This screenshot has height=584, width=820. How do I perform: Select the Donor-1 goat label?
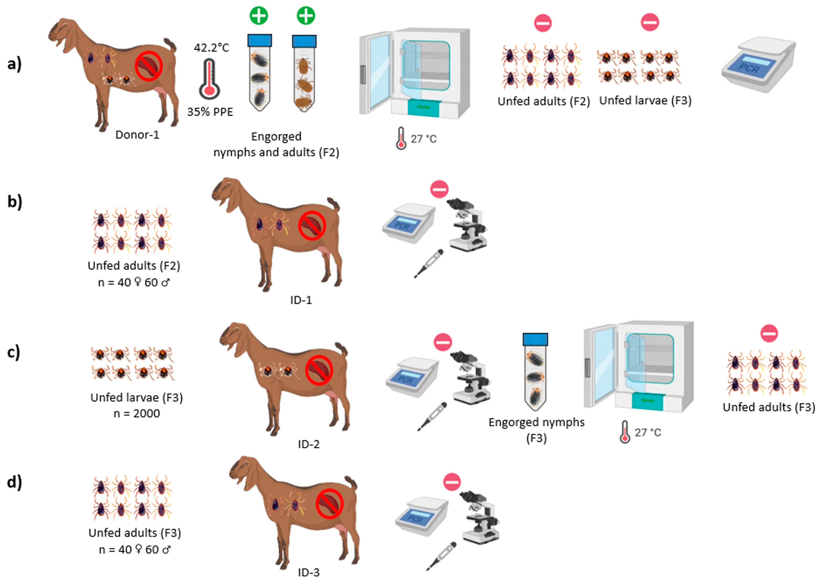[137, 135]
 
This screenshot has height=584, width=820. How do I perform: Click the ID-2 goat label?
[308, 444]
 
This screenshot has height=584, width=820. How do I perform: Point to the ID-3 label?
[308, 572]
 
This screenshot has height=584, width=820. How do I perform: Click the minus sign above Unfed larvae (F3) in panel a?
[650, 22]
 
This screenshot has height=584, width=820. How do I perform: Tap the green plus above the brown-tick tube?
[306, 16]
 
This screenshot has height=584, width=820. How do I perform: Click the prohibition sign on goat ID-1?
[312, 226]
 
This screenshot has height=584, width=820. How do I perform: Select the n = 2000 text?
[137, 414]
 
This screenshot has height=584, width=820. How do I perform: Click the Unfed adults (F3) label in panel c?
[768, 407]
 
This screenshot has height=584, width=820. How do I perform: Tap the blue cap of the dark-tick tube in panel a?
[260, 41]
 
